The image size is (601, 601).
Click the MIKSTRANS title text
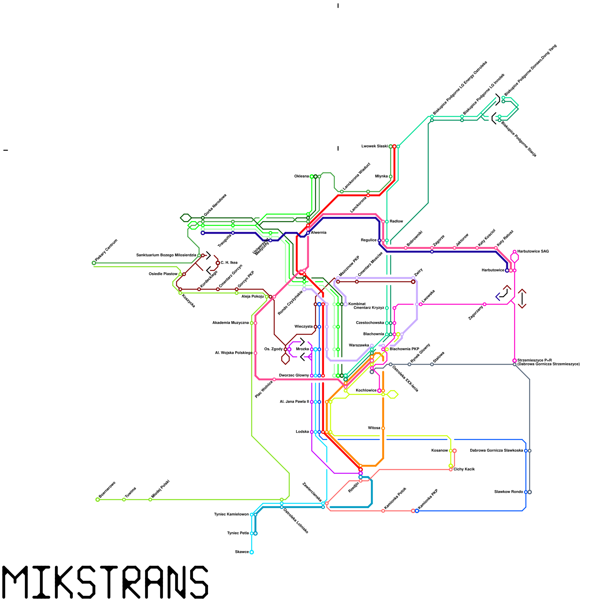click(x=105, y=582)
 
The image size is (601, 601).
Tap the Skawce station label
click(x=242, y=552)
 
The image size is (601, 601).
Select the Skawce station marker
click(x=252, y=552)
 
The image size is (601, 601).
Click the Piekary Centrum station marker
click(x=94, y=263)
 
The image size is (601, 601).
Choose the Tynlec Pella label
click(x=238, y=533)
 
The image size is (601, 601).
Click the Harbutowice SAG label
click(x=533, y=251)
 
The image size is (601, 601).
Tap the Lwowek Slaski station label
click(x=374, y=146)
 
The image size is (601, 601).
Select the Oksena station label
click(x=302, y=176)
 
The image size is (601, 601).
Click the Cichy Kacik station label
click(x=464, y=470)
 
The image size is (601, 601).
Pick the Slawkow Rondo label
click(x=509, y=492)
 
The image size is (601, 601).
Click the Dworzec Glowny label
click(x=294, y=376)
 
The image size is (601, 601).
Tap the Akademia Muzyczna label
click(x=230, y=323)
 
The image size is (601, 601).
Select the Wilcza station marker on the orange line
click(x=383, y=428)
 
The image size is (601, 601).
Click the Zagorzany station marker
click(x=485, y=304)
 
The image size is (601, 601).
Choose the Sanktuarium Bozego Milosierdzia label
click(x=166, y=255)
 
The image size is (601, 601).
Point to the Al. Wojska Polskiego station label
click(x=234, y=353)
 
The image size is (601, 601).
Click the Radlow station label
click(x=396, y=222)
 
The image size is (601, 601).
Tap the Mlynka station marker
click(x=391, y=177)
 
